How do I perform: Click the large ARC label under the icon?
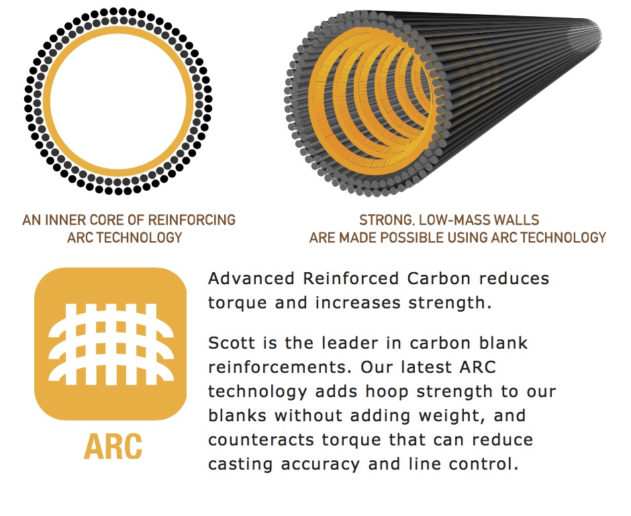tap(113, 446)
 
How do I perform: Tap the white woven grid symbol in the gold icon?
tap(111, 343)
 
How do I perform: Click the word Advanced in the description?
tap(251, 278)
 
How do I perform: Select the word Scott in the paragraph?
tap(232, 343)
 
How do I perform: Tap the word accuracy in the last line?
tap(320, 464)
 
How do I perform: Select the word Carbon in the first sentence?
tap(438, 278)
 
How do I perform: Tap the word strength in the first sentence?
tap(450, 303)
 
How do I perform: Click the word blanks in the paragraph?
tap(238, 415)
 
